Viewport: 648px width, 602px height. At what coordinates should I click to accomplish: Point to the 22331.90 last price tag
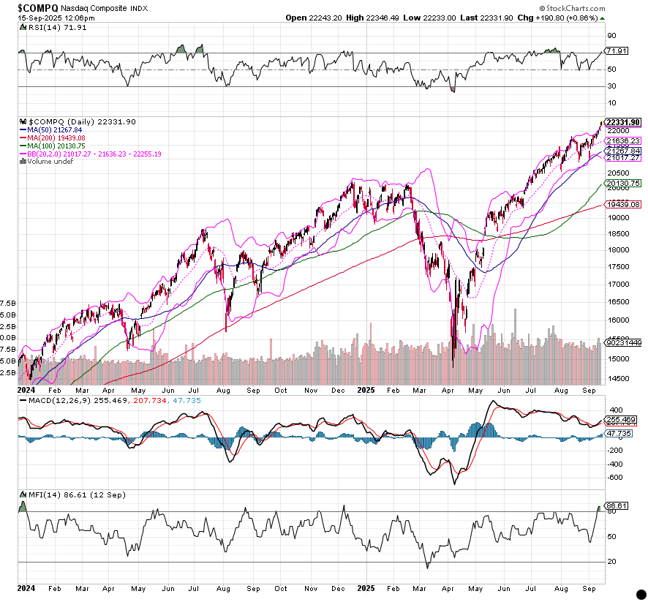[624, 121]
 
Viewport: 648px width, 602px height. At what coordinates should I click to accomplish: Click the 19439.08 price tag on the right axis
[624, 205]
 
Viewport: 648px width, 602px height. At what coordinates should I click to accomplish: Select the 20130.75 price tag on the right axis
[624, 183]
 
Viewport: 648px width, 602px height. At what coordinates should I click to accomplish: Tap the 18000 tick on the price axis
[617, 249]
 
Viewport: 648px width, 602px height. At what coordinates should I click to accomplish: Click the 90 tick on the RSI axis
[611, 34]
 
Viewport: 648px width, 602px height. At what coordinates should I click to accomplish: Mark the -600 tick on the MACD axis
[614, 478]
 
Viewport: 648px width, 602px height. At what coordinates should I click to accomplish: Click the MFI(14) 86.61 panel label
[54, 495]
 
